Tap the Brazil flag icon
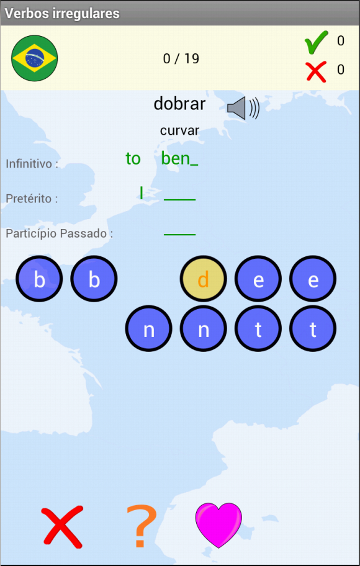coord(35,58)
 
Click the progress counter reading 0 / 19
coord(181,58)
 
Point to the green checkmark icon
coord(317,42)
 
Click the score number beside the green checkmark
coord(341,41)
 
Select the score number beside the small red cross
coord(341,70)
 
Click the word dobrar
coord(179,104)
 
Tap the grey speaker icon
coord(243,108)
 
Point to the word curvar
coord(179,131)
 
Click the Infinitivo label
coord(32,164)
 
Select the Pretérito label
coord(32,199)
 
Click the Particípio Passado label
coord(59,234)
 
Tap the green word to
coord(133,159)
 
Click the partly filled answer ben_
coord(179,158)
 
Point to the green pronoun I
coord(142,192)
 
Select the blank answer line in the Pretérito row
coord(179,200)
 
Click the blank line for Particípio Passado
coord(179,235)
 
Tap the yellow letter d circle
coord(204,279)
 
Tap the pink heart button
coord(218,525)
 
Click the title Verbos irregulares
coord(61,14)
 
